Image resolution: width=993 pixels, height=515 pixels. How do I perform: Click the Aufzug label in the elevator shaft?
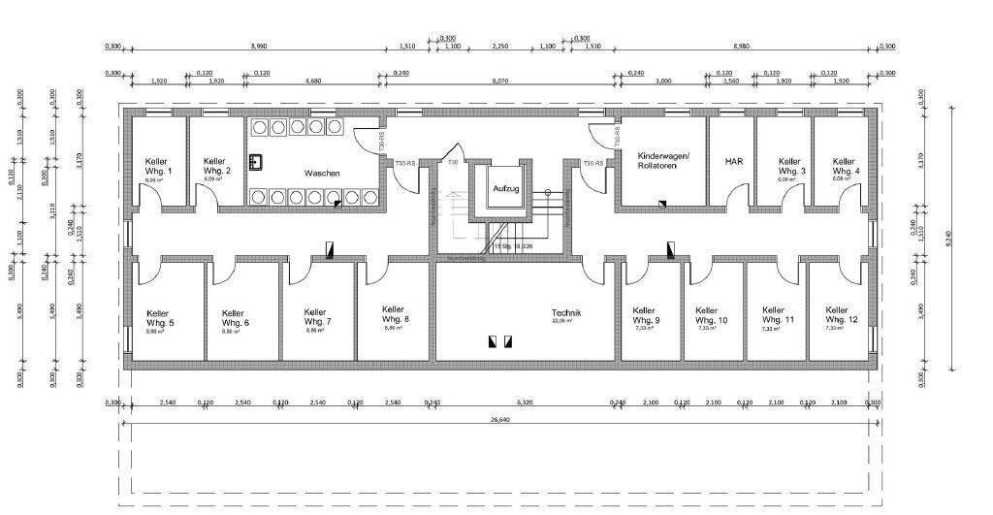(x=505, y=188)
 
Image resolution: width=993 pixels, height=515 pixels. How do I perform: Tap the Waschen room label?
(x=322, y=173)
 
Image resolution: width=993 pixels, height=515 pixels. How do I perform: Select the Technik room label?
(x=565, y=313)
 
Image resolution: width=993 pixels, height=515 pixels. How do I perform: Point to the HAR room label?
(x=733, y=163)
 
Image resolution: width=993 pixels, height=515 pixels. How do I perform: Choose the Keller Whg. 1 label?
(x=158, y=166)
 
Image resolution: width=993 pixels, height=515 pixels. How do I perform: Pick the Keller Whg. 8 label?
(x=395, y=314)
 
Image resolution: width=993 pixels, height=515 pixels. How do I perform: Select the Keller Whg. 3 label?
(x=791, y=167)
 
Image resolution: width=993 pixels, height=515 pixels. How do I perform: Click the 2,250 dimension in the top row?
(x=499, y=46)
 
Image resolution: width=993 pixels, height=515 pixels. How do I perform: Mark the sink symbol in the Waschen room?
(x=257, y=161)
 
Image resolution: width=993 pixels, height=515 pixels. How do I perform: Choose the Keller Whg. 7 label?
(x=317, y=317)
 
